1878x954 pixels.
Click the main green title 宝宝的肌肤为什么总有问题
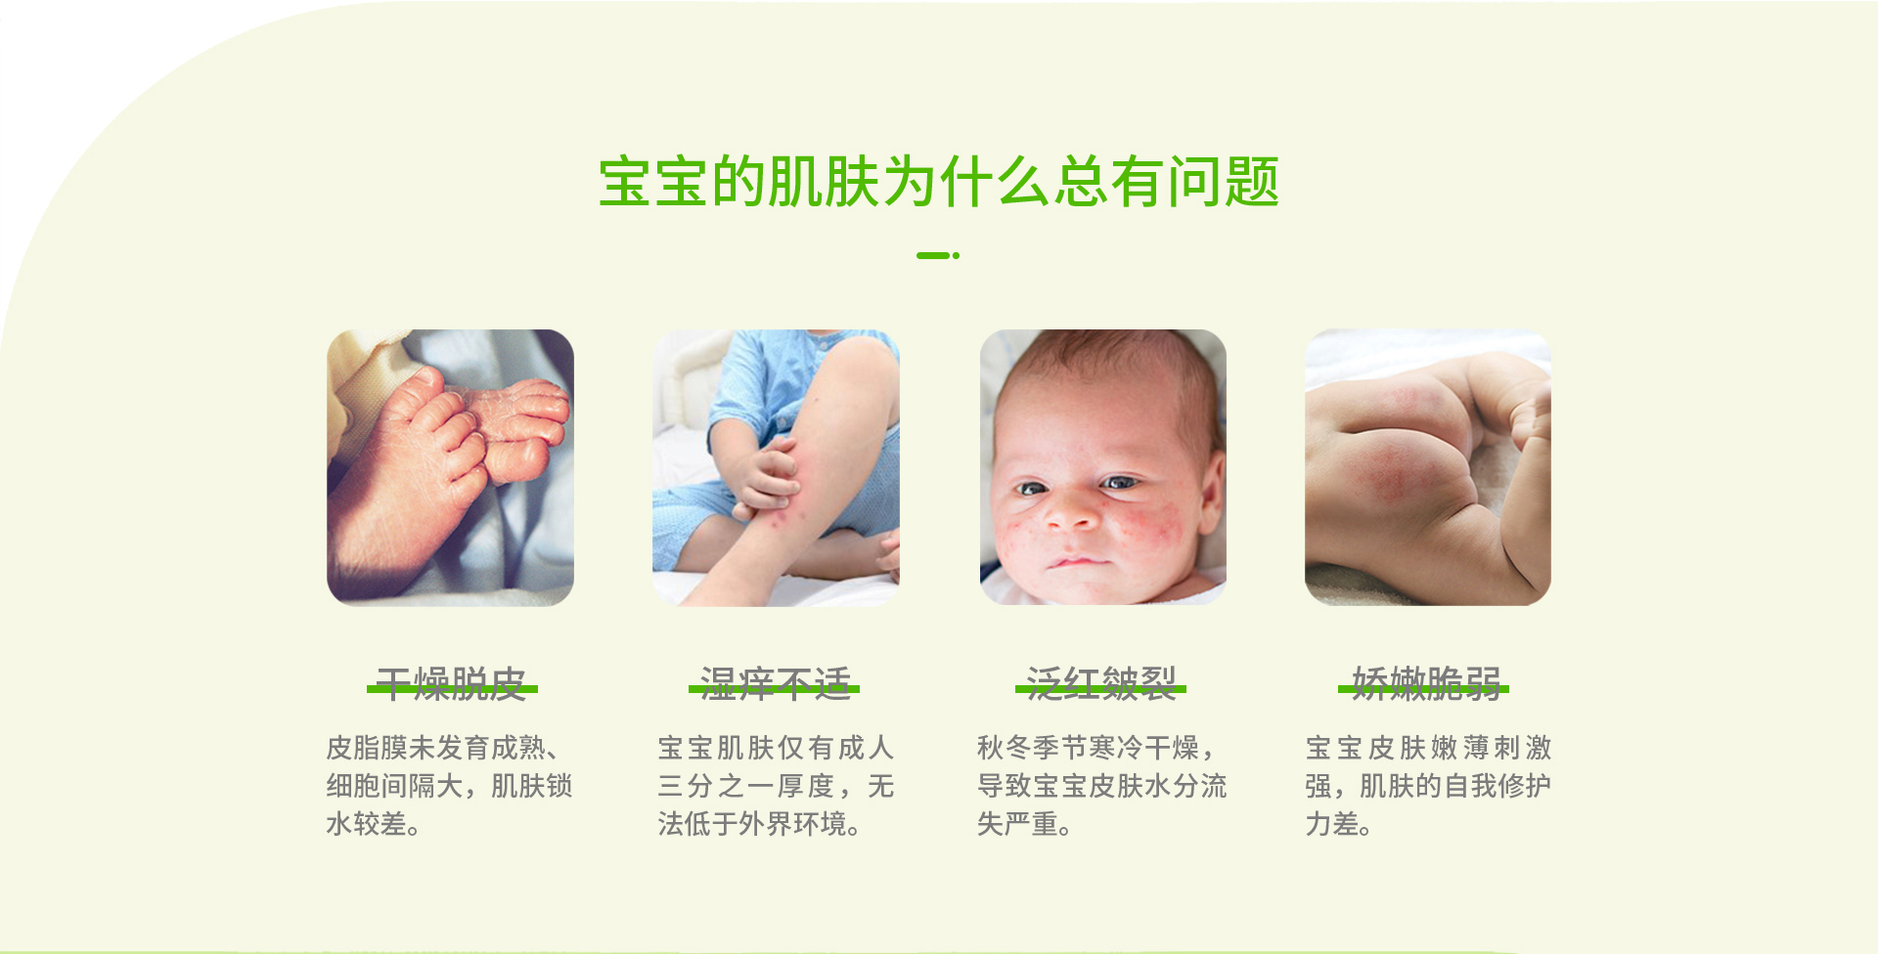939,182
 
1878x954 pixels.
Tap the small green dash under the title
938,255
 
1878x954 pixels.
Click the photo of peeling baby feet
450,467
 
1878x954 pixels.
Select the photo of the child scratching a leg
776,467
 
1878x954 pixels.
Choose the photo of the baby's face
1102,467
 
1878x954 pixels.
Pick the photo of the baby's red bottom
1428,467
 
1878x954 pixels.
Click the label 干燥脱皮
452,684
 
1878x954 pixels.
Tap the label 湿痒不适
775,684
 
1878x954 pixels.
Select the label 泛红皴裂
1101,684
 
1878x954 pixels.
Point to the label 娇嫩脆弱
1425,684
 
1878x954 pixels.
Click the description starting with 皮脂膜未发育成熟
449,786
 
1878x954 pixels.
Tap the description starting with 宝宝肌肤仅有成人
776,786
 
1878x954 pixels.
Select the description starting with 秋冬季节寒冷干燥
1101,786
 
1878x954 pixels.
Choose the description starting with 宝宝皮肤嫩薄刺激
1428,786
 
